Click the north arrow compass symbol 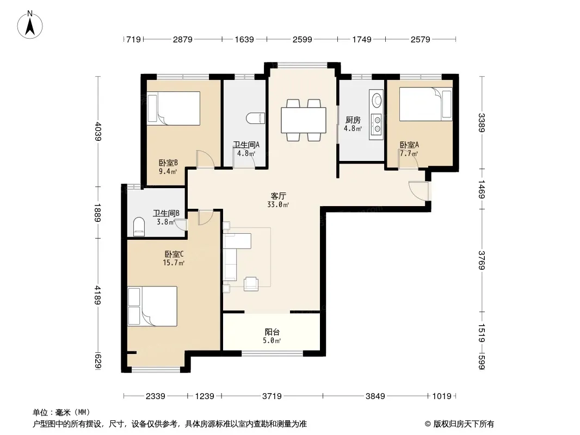click(x=30, y=25)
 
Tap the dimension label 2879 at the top click(x=183, y=39)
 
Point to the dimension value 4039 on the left click(x=97, y=131)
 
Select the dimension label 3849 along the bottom click(x=375, y=396)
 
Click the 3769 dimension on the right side click(x=481, y=260)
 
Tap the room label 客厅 click(x=278, y=196)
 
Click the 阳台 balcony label click(x=272, y=332)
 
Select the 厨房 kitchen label click(x=353, y=120)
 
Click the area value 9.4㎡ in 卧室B click(x=168, y=171)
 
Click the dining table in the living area click(x=304, y=120)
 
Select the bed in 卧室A click(x=426, y=104)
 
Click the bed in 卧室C click(x=152, y=306)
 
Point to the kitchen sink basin click(x=377, y=100)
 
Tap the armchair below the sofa click(x=251, y=283)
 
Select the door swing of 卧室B click(x=205, y=159)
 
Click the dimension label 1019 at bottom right click(x=442, y=396)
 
